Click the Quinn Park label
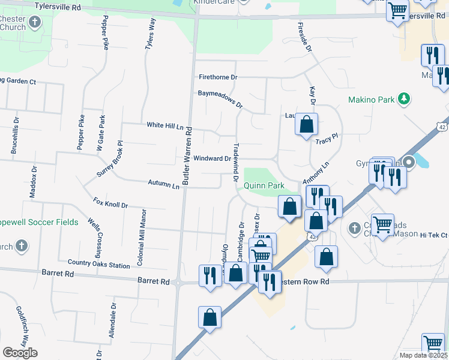(264, 186)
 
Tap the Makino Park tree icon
(405, 98)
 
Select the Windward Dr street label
(212, 158)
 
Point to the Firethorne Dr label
(218, 77)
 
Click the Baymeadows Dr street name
(220, 99)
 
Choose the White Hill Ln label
(164, 125)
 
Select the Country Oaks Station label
(98, 265)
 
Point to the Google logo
(20, 352)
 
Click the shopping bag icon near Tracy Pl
(306, 125)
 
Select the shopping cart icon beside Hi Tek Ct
(382, 225)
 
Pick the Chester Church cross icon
(34, 23)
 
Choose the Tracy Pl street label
(327, 139)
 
